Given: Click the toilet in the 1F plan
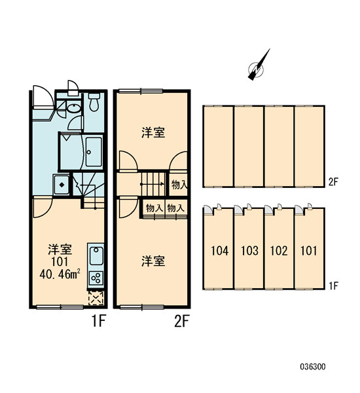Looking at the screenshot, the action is tap(94, 103).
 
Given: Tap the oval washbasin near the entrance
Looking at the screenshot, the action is tap(73, 109).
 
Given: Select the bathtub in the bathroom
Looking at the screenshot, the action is tap(94, 152).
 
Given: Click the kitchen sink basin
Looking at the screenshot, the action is tap(96, 255).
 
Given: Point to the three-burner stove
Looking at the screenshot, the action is tap(96, 278).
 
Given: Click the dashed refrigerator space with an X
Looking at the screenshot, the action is tap(96, 298).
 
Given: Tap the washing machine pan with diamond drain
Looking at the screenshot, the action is tap(62, 185).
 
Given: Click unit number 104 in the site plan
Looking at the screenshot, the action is tap(220, 251).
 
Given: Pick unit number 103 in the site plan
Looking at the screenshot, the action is tap(249, 251).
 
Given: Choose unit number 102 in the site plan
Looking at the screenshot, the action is tap(279, 251).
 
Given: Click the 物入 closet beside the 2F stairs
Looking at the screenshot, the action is tap(179, 185).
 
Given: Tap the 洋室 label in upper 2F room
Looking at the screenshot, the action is tap(153, 132).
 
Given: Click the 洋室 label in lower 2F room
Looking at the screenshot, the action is tap(153, 261).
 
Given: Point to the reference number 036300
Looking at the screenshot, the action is tap(313, 367).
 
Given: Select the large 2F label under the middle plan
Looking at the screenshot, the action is tap(181, 321).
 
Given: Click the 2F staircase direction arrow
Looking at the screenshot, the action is tap(153, 184).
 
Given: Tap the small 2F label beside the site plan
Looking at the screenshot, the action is tap(333, 181).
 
